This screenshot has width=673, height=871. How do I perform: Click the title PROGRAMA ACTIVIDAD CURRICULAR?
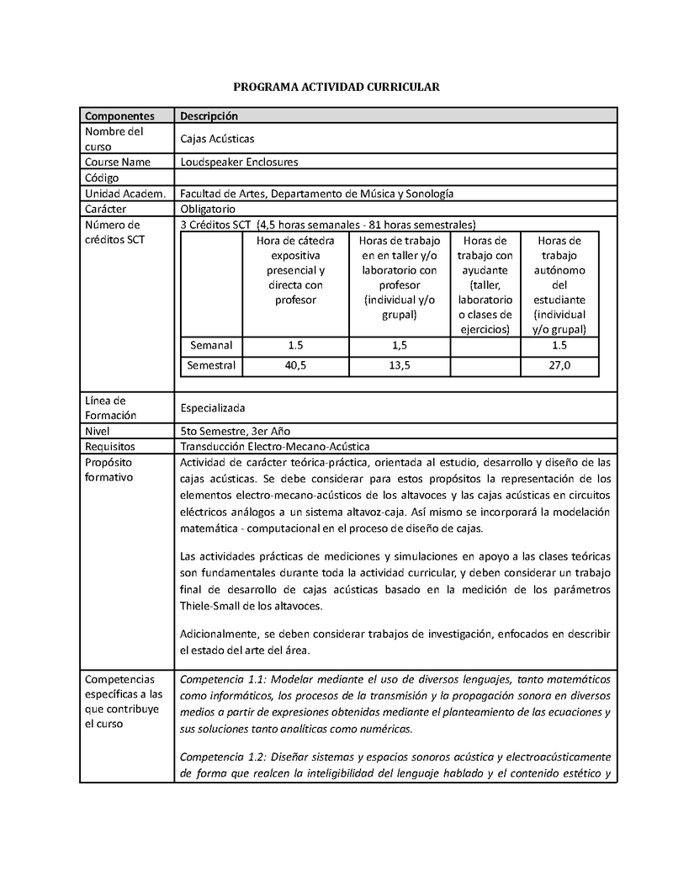[x=336, y=87]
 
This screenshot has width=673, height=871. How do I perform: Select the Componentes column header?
[x=119, y=116]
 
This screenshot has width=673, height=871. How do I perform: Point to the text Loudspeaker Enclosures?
[x=239, y=162]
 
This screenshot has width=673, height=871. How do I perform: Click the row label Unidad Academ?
[x=124, y=194]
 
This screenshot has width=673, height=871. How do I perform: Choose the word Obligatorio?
[x=208, y=209]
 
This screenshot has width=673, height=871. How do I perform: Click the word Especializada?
[x=213, y=408]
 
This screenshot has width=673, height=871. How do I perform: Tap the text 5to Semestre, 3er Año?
[x=236, y=431]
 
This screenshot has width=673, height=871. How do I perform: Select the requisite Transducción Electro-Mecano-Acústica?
[x=275, y=446]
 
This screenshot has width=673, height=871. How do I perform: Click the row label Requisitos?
[x=110, y=446]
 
